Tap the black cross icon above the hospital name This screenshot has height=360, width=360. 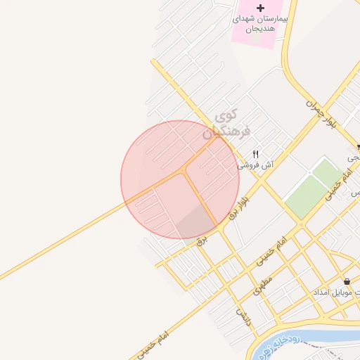(x=260, y=8)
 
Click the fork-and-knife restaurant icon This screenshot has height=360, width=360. (x=256, y=155)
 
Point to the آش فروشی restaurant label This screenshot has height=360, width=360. (x=255, y=166)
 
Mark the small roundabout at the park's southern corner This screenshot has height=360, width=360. (x=301, y=224)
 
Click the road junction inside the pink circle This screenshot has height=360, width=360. (x=184, y=171)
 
